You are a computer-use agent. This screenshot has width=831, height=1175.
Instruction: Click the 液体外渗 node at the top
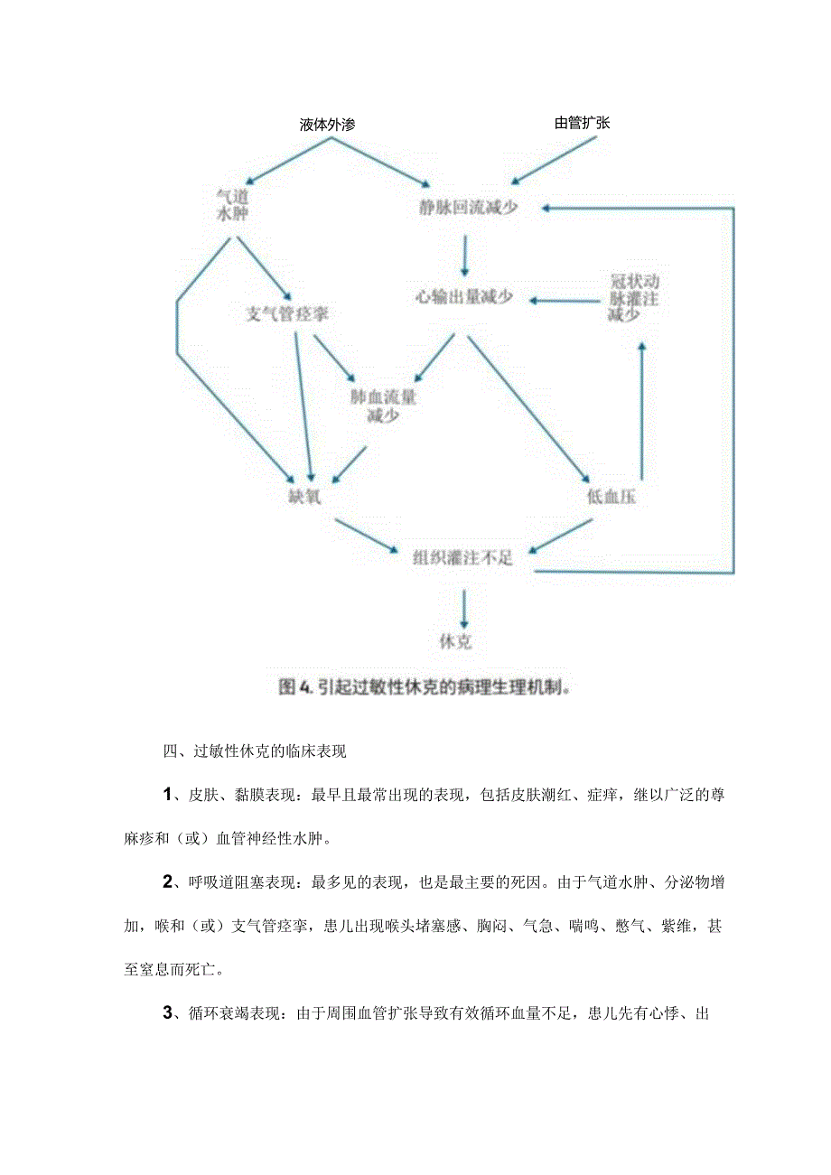point(327,125)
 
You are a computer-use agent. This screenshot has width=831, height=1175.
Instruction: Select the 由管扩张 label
point(582,123)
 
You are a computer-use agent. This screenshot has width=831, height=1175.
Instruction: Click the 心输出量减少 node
point(463,297)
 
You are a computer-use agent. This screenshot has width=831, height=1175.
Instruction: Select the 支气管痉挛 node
point(287,314)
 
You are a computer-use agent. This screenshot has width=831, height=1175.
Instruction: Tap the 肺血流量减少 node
point(383,406)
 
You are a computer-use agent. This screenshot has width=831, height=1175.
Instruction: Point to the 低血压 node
point(612,497)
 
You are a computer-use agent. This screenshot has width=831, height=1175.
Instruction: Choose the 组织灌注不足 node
point(463,557)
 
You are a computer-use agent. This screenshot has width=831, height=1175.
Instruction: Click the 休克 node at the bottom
point(455,641)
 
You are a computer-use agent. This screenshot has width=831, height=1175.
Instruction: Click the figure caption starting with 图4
point(426,687)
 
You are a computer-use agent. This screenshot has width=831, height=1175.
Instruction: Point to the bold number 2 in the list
point(168,881)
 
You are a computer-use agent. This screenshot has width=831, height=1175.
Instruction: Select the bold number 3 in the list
point(168,1012)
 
